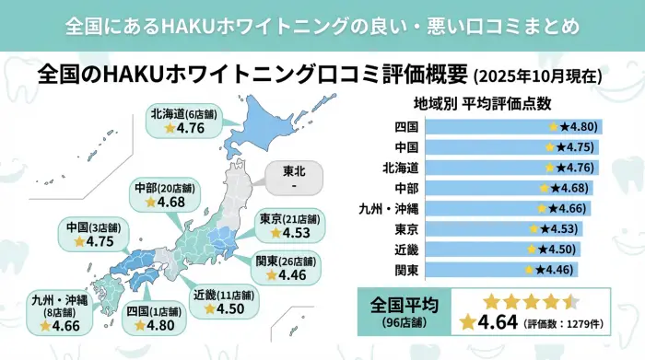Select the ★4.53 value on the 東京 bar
click(561, 229)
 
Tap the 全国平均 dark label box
click(403, 308)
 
